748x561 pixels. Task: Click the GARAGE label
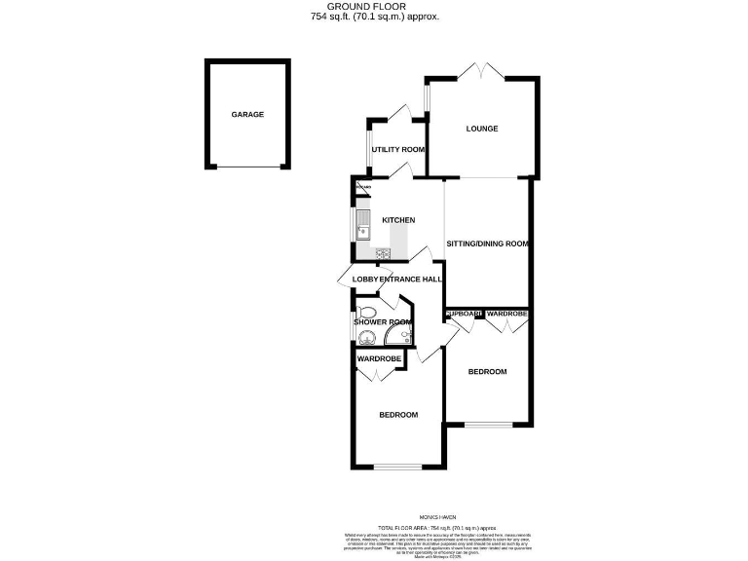[x=247, y=115]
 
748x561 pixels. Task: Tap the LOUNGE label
[x=482, y=129]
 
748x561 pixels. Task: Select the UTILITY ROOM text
[x=398, y=149]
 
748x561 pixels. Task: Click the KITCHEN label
[x=398, y=220]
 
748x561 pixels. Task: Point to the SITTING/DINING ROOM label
[x=488, y=243]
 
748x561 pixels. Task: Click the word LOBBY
[x=365, y=280]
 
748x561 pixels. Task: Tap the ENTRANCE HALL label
[x=411, y=280]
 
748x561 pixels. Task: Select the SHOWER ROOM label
[x=383, y=322]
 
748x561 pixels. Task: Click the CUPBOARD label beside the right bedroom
[x=465, y=314]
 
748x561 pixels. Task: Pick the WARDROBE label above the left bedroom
[x=379, y=359]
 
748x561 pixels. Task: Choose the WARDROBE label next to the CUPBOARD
[x=507, y=314]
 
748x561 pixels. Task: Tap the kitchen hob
[x=383, y=255]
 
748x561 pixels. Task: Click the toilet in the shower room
[x=365, y=314]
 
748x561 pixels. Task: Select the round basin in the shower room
[x=365, y=338]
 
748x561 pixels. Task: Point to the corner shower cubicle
[x=397, y=336]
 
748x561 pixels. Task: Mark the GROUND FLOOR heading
[x=373, y=7]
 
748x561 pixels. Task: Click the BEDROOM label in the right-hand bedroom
[x=487, y=372]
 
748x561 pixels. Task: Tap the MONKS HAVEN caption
[x=374, y=517]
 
